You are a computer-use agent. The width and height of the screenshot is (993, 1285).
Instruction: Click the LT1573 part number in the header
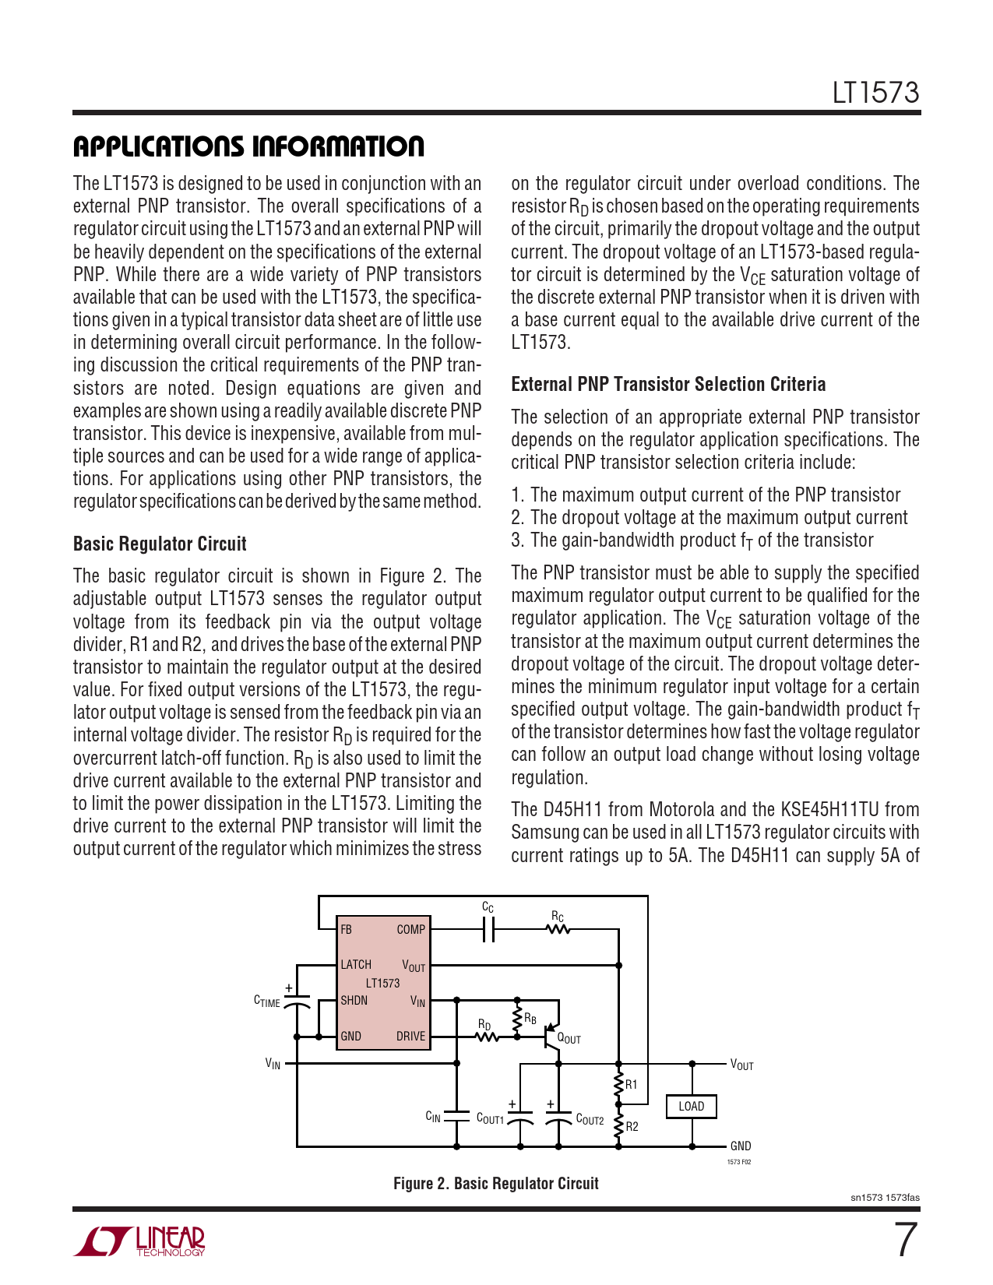tap(875, 93)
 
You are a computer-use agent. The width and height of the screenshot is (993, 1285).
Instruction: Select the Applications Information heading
tap(248, 146)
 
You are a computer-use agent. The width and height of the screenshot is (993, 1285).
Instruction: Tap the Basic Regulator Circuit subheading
tap(160, 544)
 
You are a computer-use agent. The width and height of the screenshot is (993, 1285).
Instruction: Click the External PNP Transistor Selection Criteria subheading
tap(668, 384)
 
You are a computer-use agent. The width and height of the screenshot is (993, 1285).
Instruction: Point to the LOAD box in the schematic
tap(691, 1106)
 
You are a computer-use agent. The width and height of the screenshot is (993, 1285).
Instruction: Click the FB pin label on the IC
tap(347, 929)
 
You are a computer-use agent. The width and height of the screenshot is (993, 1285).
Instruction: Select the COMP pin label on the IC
tap(410, 929)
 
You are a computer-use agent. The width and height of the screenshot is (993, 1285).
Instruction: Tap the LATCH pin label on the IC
tap(356, 964)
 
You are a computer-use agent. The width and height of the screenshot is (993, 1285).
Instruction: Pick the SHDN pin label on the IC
tap(354, 1000)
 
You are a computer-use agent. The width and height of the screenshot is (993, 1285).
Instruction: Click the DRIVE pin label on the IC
tap(410, 1036)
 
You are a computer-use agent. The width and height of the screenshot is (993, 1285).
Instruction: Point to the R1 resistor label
tap(632, 1084)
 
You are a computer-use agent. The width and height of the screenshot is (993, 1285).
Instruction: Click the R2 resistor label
tap(632, 1126)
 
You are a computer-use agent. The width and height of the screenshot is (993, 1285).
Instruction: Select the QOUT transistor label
tap(569, 1038)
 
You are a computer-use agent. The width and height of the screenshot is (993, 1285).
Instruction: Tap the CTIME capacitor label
tap(267, 1001)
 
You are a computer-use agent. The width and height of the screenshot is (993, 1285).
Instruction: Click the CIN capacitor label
tap(433, 1117)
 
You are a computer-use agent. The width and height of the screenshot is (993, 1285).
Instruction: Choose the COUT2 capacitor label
tap(590, 1119)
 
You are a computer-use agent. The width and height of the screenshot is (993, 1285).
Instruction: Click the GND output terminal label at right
tap(741, 1146)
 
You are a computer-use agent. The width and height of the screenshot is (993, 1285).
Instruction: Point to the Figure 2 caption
tap(495, 1183)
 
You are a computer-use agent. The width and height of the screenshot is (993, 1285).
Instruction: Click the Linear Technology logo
tap(140, 1241)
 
